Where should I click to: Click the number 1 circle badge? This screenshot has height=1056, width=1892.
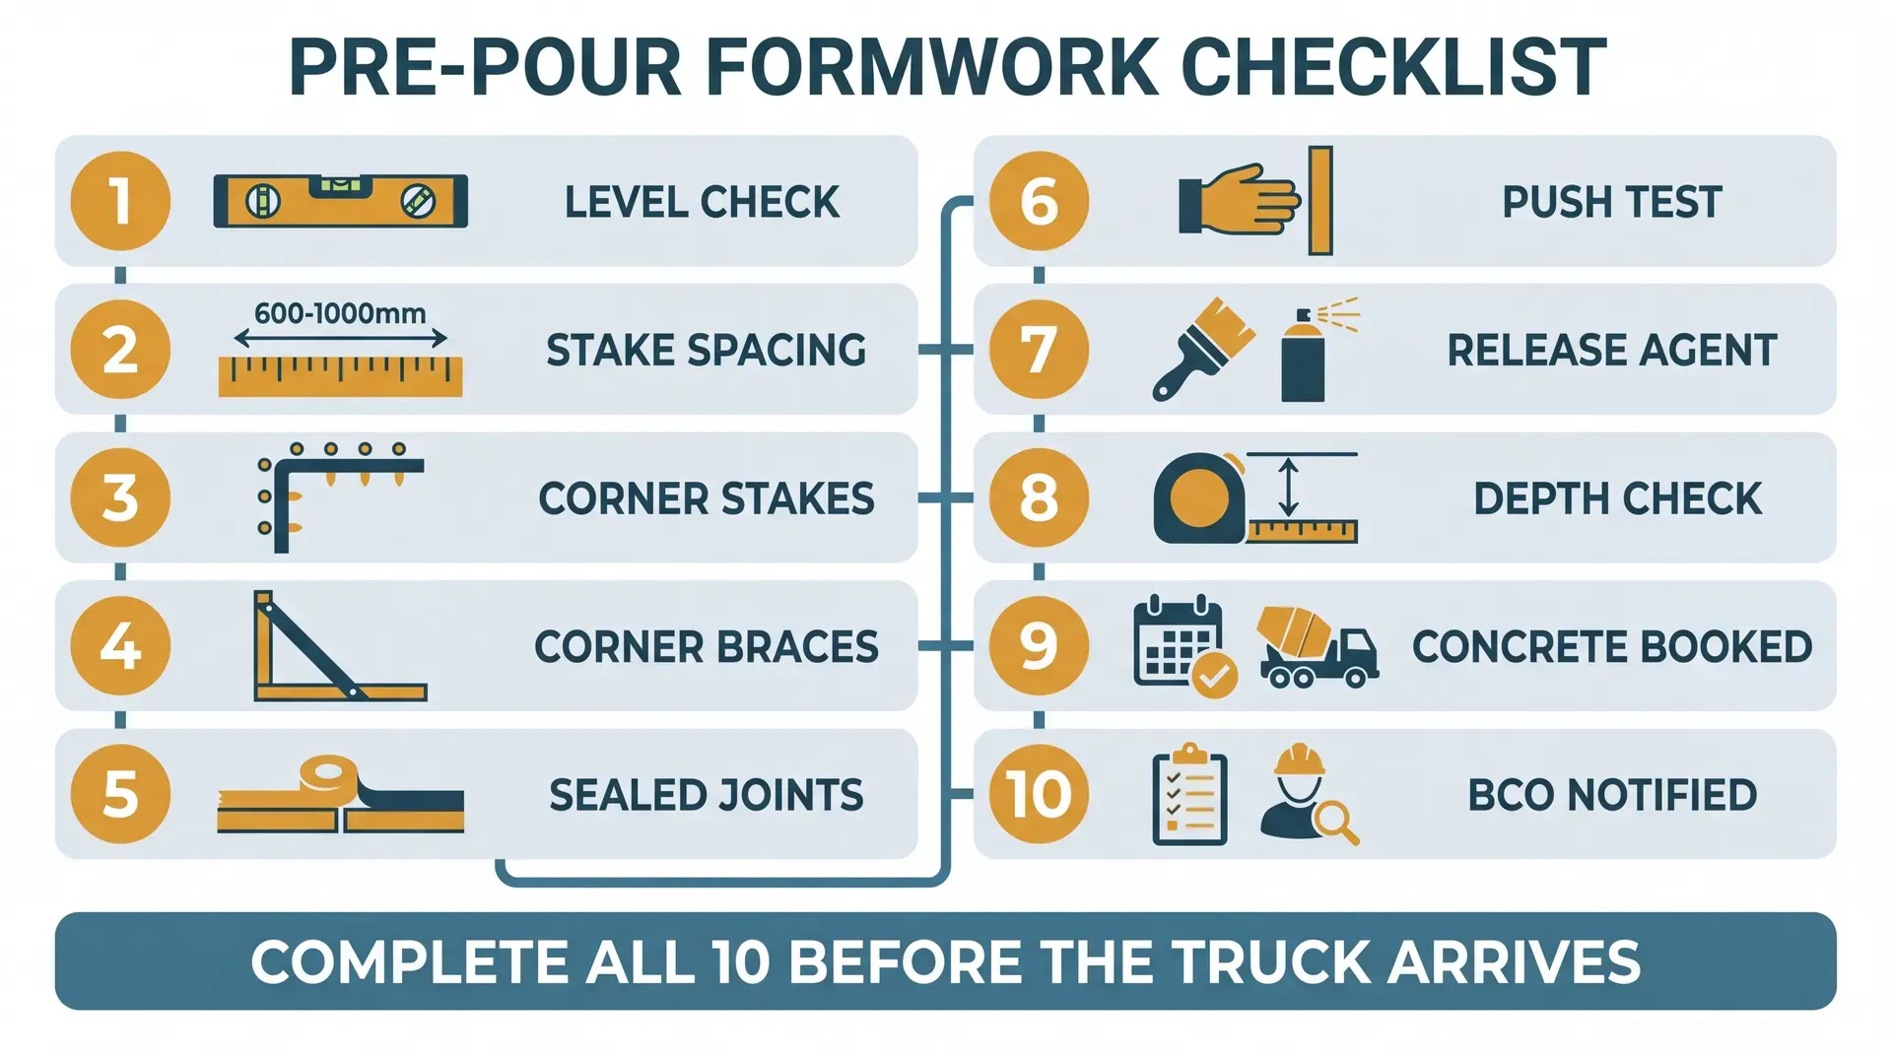coord(120,201)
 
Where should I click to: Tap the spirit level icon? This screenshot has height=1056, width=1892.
coord(340,201)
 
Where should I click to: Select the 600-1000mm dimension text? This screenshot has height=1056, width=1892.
coord(340,313)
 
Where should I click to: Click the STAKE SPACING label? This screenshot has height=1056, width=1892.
coord(706,351)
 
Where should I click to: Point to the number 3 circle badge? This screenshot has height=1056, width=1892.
coord(120,497)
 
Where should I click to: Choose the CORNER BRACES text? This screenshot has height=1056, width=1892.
coord(706,647)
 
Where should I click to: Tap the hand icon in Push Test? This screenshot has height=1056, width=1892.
coord(1240,200)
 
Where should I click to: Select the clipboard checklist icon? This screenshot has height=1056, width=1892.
coord(1189,795)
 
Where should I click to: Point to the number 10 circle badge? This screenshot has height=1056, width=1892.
coord(1039,794)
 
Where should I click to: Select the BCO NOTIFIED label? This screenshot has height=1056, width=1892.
coord(1612,795)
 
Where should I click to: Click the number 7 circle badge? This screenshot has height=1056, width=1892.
coord(1039,350)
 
